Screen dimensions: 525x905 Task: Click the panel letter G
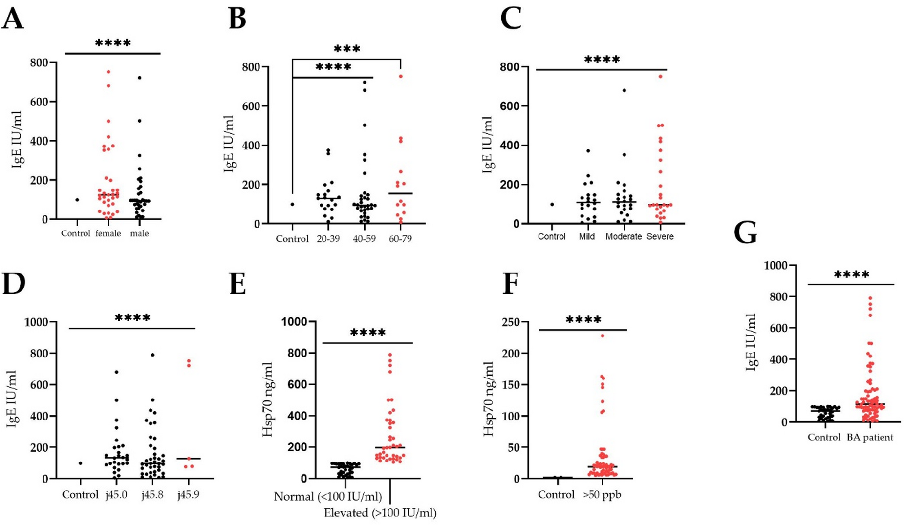pyautogui.click(x=746, y=233)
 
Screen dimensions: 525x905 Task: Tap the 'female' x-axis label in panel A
pyautogui.click(x=108, y=233)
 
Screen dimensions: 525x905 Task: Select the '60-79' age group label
pyautogui.click(x=400, y=239)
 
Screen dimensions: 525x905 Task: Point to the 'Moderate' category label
pyautogui.click(x=624, y=237)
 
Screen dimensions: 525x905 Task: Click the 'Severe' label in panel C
pyautogui.click(x=660, y=237)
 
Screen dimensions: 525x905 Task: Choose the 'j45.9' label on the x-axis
pyautogui.click(x=189, y=495)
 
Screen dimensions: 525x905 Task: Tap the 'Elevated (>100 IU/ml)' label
pyautogui.click(x=380, y=513)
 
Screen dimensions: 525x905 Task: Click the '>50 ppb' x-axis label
pyautogui.click(x=602, y=495)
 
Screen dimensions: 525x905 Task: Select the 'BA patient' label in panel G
pyautogui.click(x=870, y=437)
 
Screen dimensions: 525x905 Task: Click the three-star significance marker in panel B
pyautogui.click(x=347, y=49)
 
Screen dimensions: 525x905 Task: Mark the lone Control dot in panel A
pyautogui.click(x=77, y=200)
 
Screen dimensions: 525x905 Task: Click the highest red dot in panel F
pyautogui.click(x=603, y=336)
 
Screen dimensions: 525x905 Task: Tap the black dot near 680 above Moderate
pyautogui.click(x=624, y=90)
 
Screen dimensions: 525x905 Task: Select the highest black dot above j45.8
pyautogui.click(x=152, y=355)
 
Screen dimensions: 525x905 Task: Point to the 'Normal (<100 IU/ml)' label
pyautogui.click(x=328, y=497)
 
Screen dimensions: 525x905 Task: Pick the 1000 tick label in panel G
pyautogui.click(x=777, y=265)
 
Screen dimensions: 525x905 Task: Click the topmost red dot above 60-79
pyautogui.click(x=401, y=76)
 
